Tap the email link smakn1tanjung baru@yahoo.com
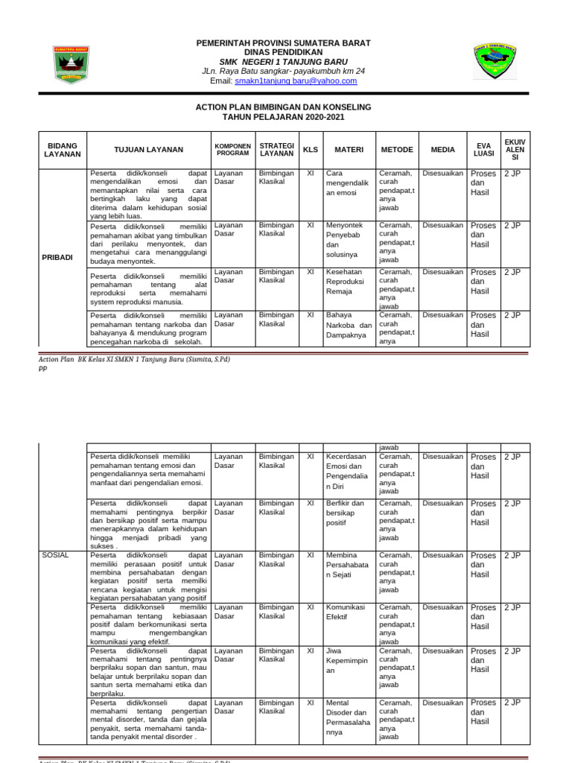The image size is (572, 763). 296,80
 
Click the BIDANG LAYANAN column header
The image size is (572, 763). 63,149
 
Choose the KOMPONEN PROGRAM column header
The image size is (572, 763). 233,149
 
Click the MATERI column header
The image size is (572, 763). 349,149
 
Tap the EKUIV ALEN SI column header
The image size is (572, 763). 515,149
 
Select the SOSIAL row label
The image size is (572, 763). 56,554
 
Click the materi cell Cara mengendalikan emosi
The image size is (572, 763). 347,183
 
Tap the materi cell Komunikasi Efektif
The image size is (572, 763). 347,611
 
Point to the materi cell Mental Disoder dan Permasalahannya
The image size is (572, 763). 347,717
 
